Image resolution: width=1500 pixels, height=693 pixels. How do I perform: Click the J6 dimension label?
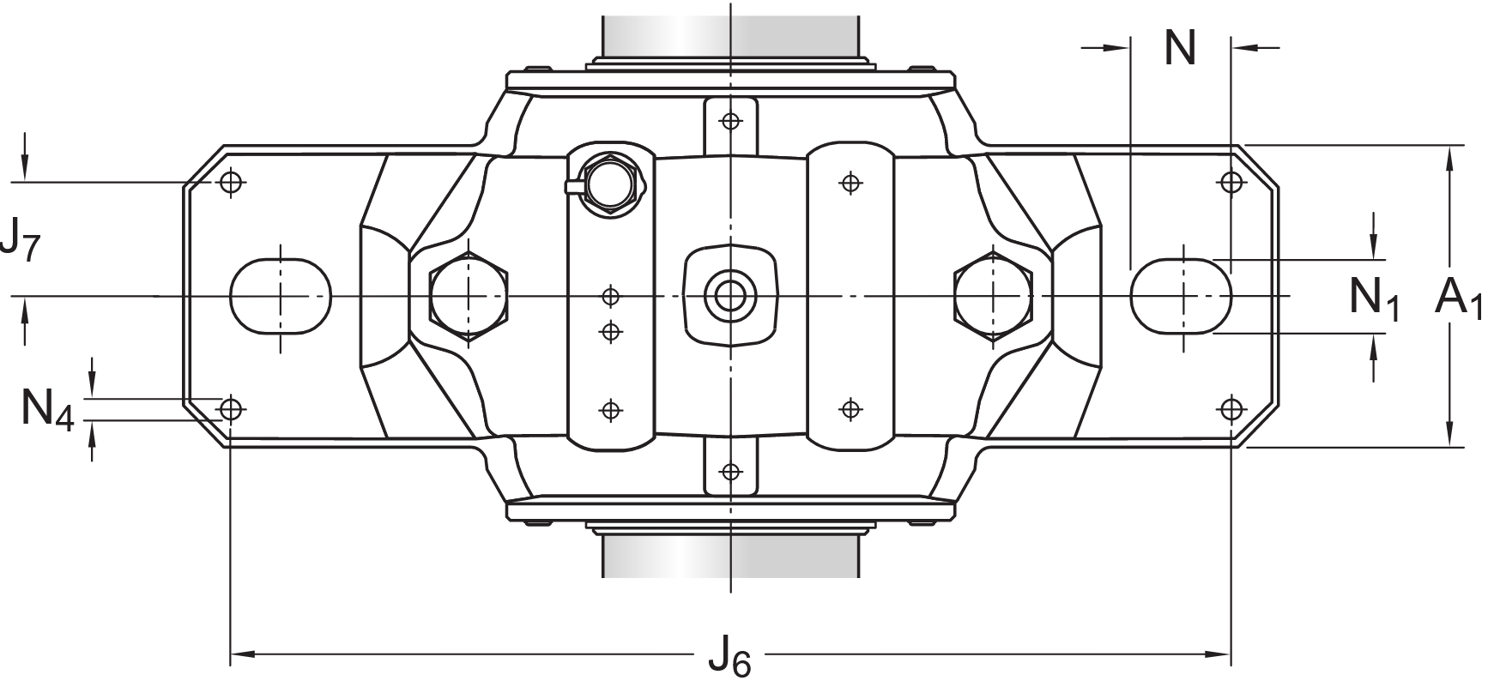click(729, 660)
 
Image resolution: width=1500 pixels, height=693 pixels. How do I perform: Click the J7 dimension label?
click(21, 239)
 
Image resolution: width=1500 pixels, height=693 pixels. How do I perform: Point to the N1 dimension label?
click(1374, 298)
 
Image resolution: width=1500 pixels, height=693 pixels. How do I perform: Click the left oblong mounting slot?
click(281, 296)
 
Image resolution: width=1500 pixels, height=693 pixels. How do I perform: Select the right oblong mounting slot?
click(1182, 296)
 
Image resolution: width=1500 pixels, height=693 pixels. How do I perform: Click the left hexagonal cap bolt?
click(469, 296)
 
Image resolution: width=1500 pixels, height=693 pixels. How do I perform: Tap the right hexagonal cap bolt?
click(993, 296)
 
